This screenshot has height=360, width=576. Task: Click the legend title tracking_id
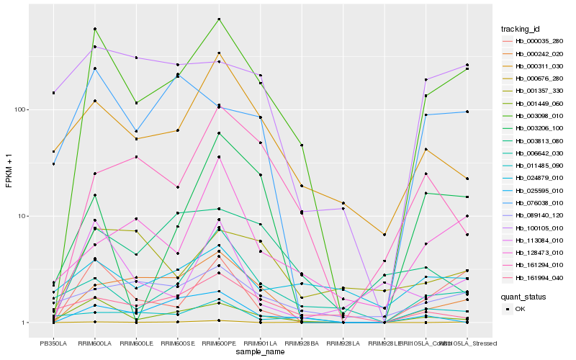pos(521,29)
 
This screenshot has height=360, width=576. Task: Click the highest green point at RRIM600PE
pos(219,19)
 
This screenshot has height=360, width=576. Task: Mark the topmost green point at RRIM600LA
pos(95,29)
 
